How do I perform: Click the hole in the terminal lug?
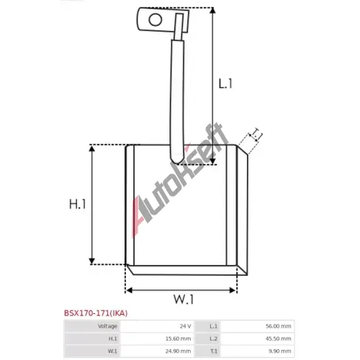(x=156, y=19)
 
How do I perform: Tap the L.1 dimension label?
(x=225, y=84)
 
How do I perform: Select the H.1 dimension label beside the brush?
(x=77, y=204)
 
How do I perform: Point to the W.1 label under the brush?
(x=184, y=300)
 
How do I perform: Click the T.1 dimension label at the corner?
(x=256, y=135)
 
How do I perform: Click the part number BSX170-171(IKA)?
(x=96, y=313)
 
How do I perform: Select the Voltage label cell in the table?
(x=107, y=326)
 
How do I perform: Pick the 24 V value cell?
(x=185, y=326)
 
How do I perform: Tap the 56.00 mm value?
(x=278, y=326)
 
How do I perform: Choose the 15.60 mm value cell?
(x=178, y=338)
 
